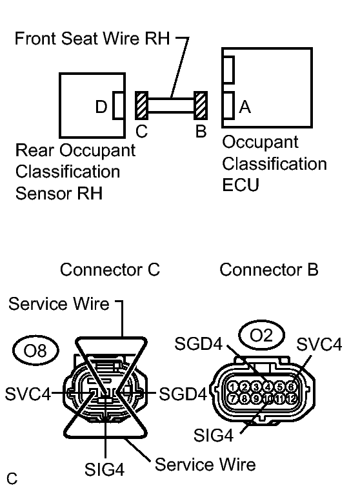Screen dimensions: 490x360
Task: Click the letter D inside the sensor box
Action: [101, 107]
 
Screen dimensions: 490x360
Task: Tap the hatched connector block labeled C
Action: [141, 105]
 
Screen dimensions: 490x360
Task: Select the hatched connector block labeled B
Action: [201, 105]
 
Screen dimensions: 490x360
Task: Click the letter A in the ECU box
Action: [245, 107]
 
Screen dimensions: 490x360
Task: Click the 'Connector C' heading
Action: [109, 270]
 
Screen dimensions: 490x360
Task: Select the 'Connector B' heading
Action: [268, 269]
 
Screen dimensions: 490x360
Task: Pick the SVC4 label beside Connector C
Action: [27, 393]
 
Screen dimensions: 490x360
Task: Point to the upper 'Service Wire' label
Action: [59, 304]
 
